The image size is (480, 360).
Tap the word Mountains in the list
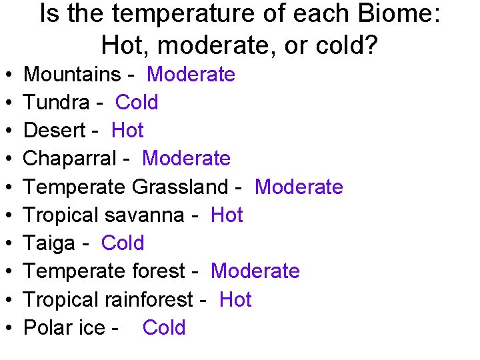tap(71, 75)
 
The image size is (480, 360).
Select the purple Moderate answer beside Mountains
tap(191, 75)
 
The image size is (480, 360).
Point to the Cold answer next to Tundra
tap(137, 103)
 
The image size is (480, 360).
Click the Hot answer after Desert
tap(127, 131)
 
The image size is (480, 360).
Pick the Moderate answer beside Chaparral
tap(186, 159)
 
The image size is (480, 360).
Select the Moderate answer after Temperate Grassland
tap(299, 187)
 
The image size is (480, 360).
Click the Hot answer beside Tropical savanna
tap(227, 215)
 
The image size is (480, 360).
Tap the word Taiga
tap(49, 243)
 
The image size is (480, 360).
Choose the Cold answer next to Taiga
tap(123, 243)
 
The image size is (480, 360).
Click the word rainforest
tap(147, 300)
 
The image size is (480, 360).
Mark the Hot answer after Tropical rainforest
tap(235, 300)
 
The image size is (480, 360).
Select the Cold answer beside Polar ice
tap(164, 328)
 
